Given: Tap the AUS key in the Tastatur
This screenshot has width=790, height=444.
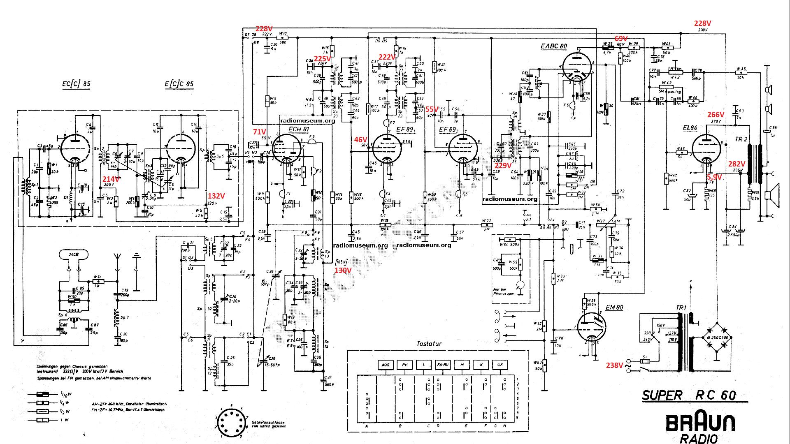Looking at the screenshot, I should tap(386, 365).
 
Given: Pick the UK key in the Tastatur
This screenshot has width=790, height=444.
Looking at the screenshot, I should tap(500, 365).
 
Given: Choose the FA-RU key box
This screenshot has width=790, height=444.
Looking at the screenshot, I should tap(443, 365).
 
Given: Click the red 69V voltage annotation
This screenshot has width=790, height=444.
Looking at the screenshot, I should tap(621, 39).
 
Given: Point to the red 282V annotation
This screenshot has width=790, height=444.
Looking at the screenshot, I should tap(737, 164).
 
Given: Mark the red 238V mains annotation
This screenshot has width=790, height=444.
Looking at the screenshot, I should tap(614, 365).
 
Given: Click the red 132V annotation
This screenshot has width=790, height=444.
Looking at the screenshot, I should tap(216, 196).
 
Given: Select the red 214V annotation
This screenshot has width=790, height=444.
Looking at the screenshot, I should tap(111, 179).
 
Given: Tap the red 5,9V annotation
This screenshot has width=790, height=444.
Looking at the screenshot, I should tap(714, 177).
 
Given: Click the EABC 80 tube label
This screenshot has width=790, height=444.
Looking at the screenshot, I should tap(553, 46).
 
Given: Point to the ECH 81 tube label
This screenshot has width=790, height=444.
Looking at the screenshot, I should tap(299, 129).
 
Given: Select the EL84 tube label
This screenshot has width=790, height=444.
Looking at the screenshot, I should tap(690, 128).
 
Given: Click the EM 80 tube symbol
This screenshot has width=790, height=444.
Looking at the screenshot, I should tap(591, 327).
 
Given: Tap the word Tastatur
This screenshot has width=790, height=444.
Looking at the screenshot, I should tap(429, 344).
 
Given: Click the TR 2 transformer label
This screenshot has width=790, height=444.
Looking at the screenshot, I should tap(741, 139).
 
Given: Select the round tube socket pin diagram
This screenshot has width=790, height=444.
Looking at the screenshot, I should tap(232, 423).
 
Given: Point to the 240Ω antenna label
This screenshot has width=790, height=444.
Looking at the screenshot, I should tap(74, 254).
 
